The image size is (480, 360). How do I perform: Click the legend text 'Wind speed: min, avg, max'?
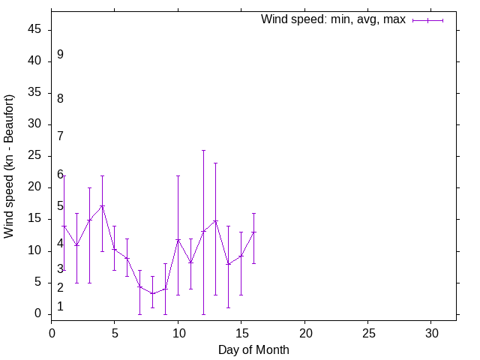332,19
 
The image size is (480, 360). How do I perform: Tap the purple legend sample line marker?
427,20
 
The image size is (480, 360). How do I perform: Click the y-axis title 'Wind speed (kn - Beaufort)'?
10,166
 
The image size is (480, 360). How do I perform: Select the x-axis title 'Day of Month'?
253,349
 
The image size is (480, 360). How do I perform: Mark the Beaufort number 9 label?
60,55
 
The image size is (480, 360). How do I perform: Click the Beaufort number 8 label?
60,98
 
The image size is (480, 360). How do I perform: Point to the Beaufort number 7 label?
60,136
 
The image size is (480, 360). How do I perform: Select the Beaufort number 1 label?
60,306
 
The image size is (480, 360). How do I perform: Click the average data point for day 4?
102,205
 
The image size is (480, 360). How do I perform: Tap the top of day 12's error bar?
203,150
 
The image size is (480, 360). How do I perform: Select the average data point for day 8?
152,293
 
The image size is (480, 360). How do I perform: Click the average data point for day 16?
253,232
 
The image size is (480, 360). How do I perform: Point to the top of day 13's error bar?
216,163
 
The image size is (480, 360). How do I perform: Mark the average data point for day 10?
178,239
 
